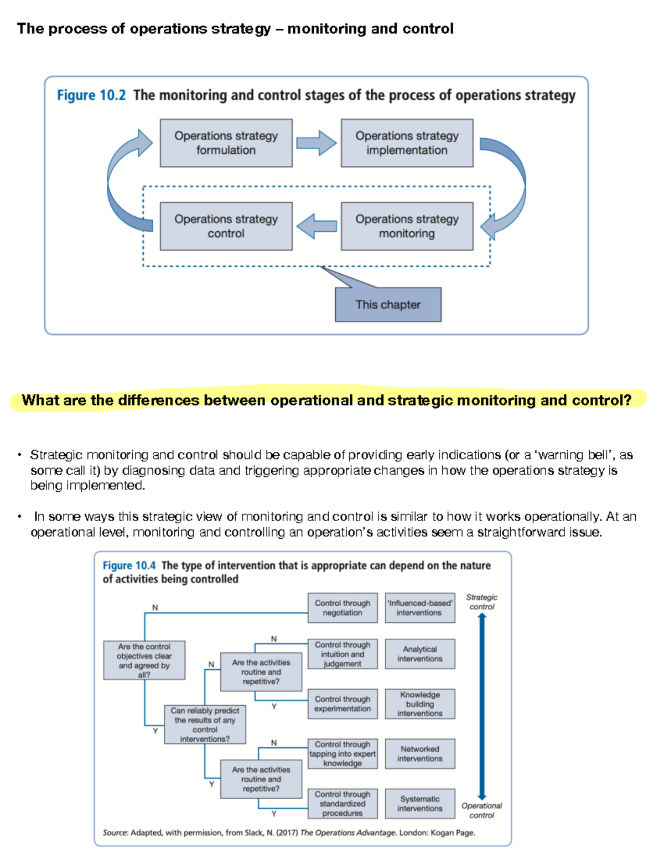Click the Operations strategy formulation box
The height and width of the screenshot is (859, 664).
pos(226,143)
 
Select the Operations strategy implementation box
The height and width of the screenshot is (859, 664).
pos(407,143)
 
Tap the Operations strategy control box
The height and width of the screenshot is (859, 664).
pos(226,226)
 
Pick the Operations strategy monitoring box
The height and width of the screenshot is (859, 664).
pos(407,226)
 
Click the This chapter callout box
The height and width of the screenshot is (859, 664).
pos(388,305)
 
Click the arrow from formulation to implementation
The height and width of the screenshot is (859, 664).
pos(316,143)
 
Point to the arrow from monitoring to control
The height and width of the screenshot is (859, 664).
pos(316,226)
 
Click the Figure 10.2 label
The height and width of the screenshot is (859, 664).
pos(91,96)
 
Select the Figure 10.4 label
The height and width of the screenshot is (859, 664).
pos(129,565)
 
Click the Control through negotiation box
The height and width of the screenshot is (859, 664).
pos(343,608)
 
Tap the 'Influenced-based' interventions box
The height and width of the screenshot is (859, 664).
pos(419,608)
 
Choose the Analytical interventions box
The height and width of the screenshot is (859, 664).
pos(419,654)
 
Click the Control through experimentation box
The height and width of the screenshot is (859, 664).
pos(343,704)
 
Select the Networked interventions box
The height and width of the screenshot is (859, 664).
pos(419,754)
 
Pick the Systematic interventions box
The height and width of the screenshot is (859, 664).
pos(419,804)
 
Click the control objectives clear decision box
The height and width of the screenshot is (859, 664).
pos(144,660)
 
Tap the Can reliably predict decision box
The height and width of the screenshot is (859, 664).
pos(205,724)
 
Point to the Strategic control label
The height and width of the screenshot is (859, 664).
pos(481,602)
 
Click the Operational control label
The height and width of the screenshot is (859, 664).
pos(481,810)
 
